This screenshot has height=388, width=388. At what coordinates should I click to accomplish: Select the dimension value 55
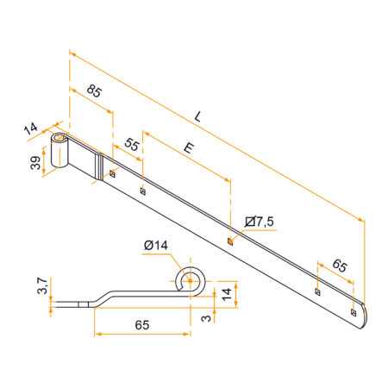(x=132, y=145)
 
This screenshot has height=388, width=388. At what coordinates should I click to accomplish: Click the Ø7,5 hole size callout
(x=260, y=222)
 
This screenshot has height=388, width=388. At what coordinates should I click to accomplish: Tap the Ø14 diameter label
(x=156, y=247)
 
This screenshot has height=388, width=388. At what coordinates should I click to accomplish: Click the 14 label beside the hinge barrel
(x=30, y=129)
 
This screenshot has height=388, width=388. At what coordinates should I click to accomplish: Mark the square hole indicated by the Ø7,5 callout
(x=229, y=241)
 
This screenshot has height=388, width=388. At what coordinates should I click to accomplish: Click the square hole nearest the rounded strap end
(x=354, y=310)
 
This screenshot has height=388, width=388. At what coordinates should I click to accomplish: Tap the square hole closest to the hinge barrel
(x=112, y=175)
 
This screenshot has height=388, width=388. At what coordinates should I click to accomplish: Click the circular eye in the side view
(x=190, y=280)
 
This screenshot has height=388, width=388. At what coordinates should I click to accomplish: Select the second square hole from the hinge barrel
(x=142, y=191)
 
